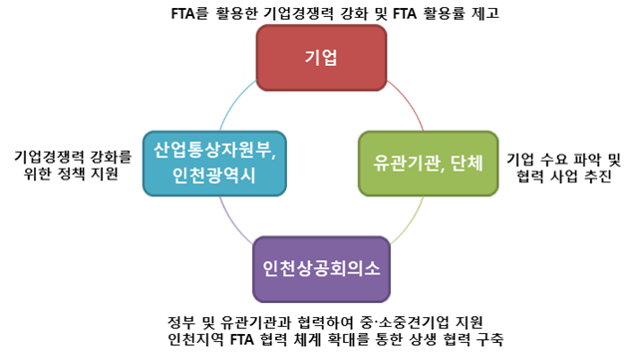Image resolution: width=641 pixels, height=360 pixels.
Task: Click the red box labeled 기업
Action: click(321, 57)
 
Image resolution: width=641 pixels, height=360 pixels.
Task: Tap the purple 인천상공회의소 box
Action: click(321, 270)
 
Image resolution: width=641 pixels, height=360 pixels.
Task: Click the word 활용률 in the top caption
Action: click(434, 14)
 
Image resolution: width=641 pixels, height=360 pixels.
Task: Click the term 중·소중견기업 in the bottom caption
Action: click(400, 322)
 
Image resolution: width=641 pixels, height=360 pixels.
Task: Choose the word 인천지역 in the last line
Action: click(197, 340)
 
